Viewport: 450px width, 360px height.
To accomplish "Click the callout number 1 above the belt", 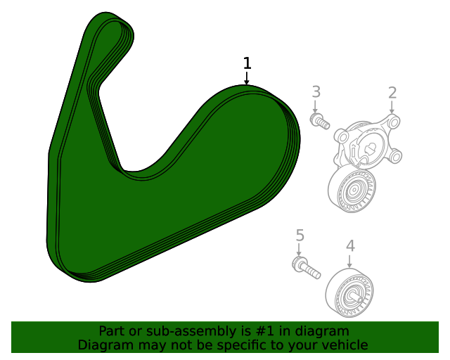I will click(247, 63).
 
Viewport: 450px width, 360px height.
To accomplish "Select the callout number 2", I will click(392, 92).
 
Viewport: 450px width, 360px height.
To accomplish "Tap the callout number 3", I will click(316, 91).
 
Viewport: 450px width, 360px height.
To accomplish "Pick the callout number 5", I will click(300, 235).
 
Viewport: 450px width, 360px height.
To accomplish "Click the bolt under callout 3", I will click(319, 122).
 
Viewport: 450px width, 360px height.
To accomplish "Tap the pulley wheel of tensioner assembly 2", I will click(352, 190).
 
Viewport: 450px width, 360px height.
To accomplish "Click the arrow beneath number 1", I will click(247, 78).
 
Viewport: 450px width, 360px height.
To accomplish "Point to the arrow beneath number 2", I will click(392, 108).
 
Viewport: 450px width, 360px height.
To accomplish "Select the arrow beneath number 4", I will click(349, 261).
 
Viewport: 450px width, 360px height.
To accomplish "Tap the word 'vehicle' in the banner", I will click(345, 345).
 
